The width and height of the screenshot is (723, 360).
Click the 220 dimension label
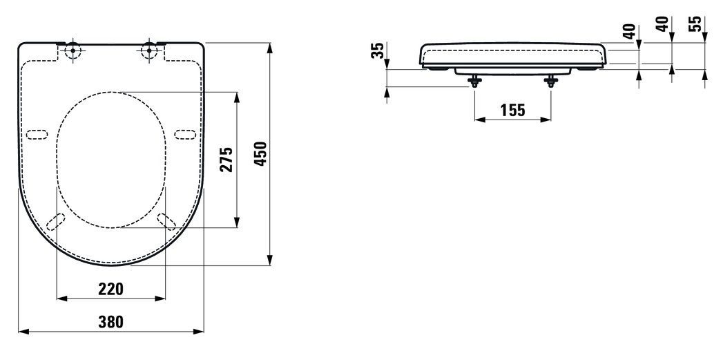[x=111, y=289]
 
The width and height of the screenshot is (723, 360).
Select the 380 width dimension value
[x=111, y=321]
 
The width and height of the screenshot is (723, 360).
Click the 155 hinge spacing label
[x=512, y=109]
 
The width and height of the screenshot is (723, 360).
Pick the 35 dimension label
[x=377, y=51]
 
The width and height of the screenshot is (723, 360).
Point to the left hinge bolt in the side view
[x=474, y=81]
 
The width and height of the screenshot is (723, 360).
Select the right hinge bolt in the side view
[x=551, y=81]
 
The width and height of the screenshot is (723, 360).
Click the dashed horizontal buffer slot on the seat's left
[x=37, y=133]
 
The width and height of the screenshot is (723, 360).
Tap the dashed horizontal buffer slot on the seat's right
[x=185, y=133]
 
